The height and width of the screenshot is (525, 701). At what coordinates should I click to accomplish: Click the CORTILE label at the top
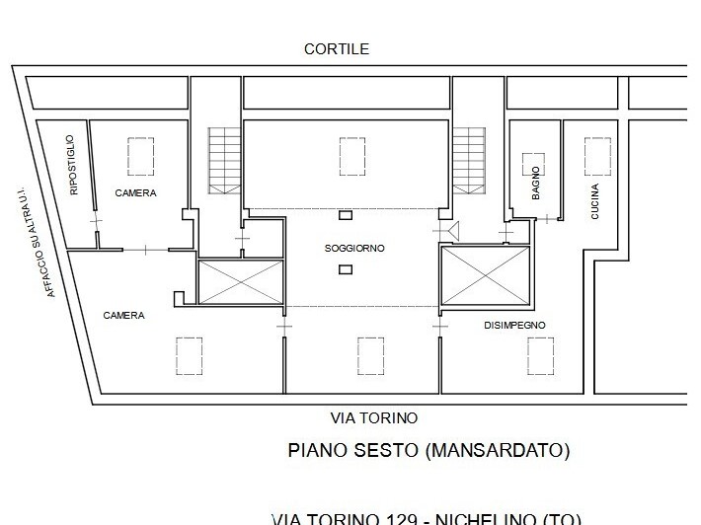pos(337,48)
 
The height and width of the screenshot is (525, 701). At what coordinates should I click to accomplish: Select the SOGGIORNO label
pos(354,248)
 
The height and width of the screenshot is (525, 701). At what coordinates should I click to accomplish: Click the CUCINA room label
pos(594,200)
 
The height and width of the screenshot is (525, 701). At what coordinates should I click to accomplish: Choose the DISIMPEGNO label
pos(514,325)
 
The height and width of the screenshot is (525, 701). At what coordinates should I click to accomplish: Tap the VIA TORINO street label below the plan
pos(373,417)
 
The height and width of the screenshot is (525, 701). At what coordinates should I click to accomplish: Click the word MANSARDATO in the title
pos(498,451)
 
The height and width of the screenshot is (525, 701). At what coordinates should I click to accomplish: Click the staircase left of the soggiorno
pos(223,160)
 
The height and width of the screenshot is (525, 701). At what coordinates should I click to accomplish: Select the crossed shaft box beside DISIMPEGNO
pos(485,275)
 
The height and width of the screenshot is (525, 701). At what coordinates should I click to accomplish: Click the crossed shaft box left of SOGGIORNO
pos(240,281)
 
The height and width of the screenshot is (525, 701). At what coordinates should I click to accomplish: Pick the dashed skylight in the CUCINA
pos(596,156)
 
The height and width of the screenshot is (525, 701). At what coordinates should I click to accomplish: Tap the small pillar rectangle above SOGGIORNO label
pos(346,215)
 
